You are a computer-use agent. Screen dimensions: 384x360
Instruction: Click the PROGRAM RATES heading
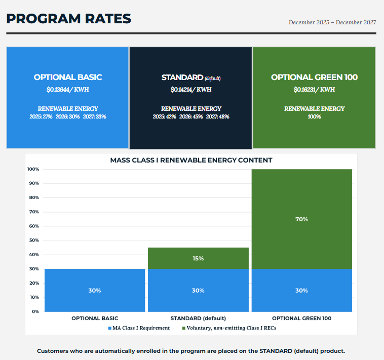68,19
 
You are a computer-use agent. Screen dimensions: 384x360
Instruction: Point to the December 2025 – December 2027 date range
332,22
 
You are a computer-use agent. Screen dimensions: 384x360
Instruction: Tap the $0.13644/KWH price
68,90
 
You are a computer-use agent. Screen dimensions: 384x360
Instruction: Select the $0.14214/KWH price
191,90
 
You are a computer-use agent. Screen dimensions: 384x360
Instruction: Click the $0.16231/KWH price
314,90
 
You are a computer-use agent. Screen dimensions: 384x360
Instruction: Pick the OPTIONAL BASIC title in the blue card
68,77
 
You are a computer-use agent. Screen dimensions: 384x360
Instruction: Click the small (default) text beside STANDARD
213,78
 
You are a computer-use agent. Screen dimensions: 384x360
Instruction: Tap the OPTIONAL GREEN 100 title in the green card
314,77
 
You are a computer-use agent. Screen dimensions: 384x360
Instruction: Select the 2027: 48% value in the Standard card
217,116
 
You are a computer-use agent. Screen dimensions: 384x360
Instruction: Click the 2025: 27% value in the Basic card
41,116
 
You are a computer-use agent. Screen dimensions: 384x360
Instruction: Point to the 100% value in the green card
314,116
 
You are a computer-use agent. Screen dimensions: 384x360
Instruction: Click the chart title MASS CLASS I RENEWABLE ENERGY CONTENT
191,161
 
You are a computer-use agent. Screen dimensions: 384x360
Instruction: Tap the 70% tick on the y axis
34,212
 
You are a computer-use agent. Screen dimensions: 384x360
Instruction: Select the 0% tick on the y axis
35,311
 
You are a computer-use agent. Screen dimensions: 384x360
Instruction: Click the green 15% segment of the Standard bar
198,258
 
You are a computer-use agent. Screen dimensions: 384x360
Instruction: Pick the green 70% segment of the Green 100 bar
302,219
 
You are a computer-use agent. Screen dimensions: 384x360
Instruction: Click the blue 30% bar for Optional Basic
95,290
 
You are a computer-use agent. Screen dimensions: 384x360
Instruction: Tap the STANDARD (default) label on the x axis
198,318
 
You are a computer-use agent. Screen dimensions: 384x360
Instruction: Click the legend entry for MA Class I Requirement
139,328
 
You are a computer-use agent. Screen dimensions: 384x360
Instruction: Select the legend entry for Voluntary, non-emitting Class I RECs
229,328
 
